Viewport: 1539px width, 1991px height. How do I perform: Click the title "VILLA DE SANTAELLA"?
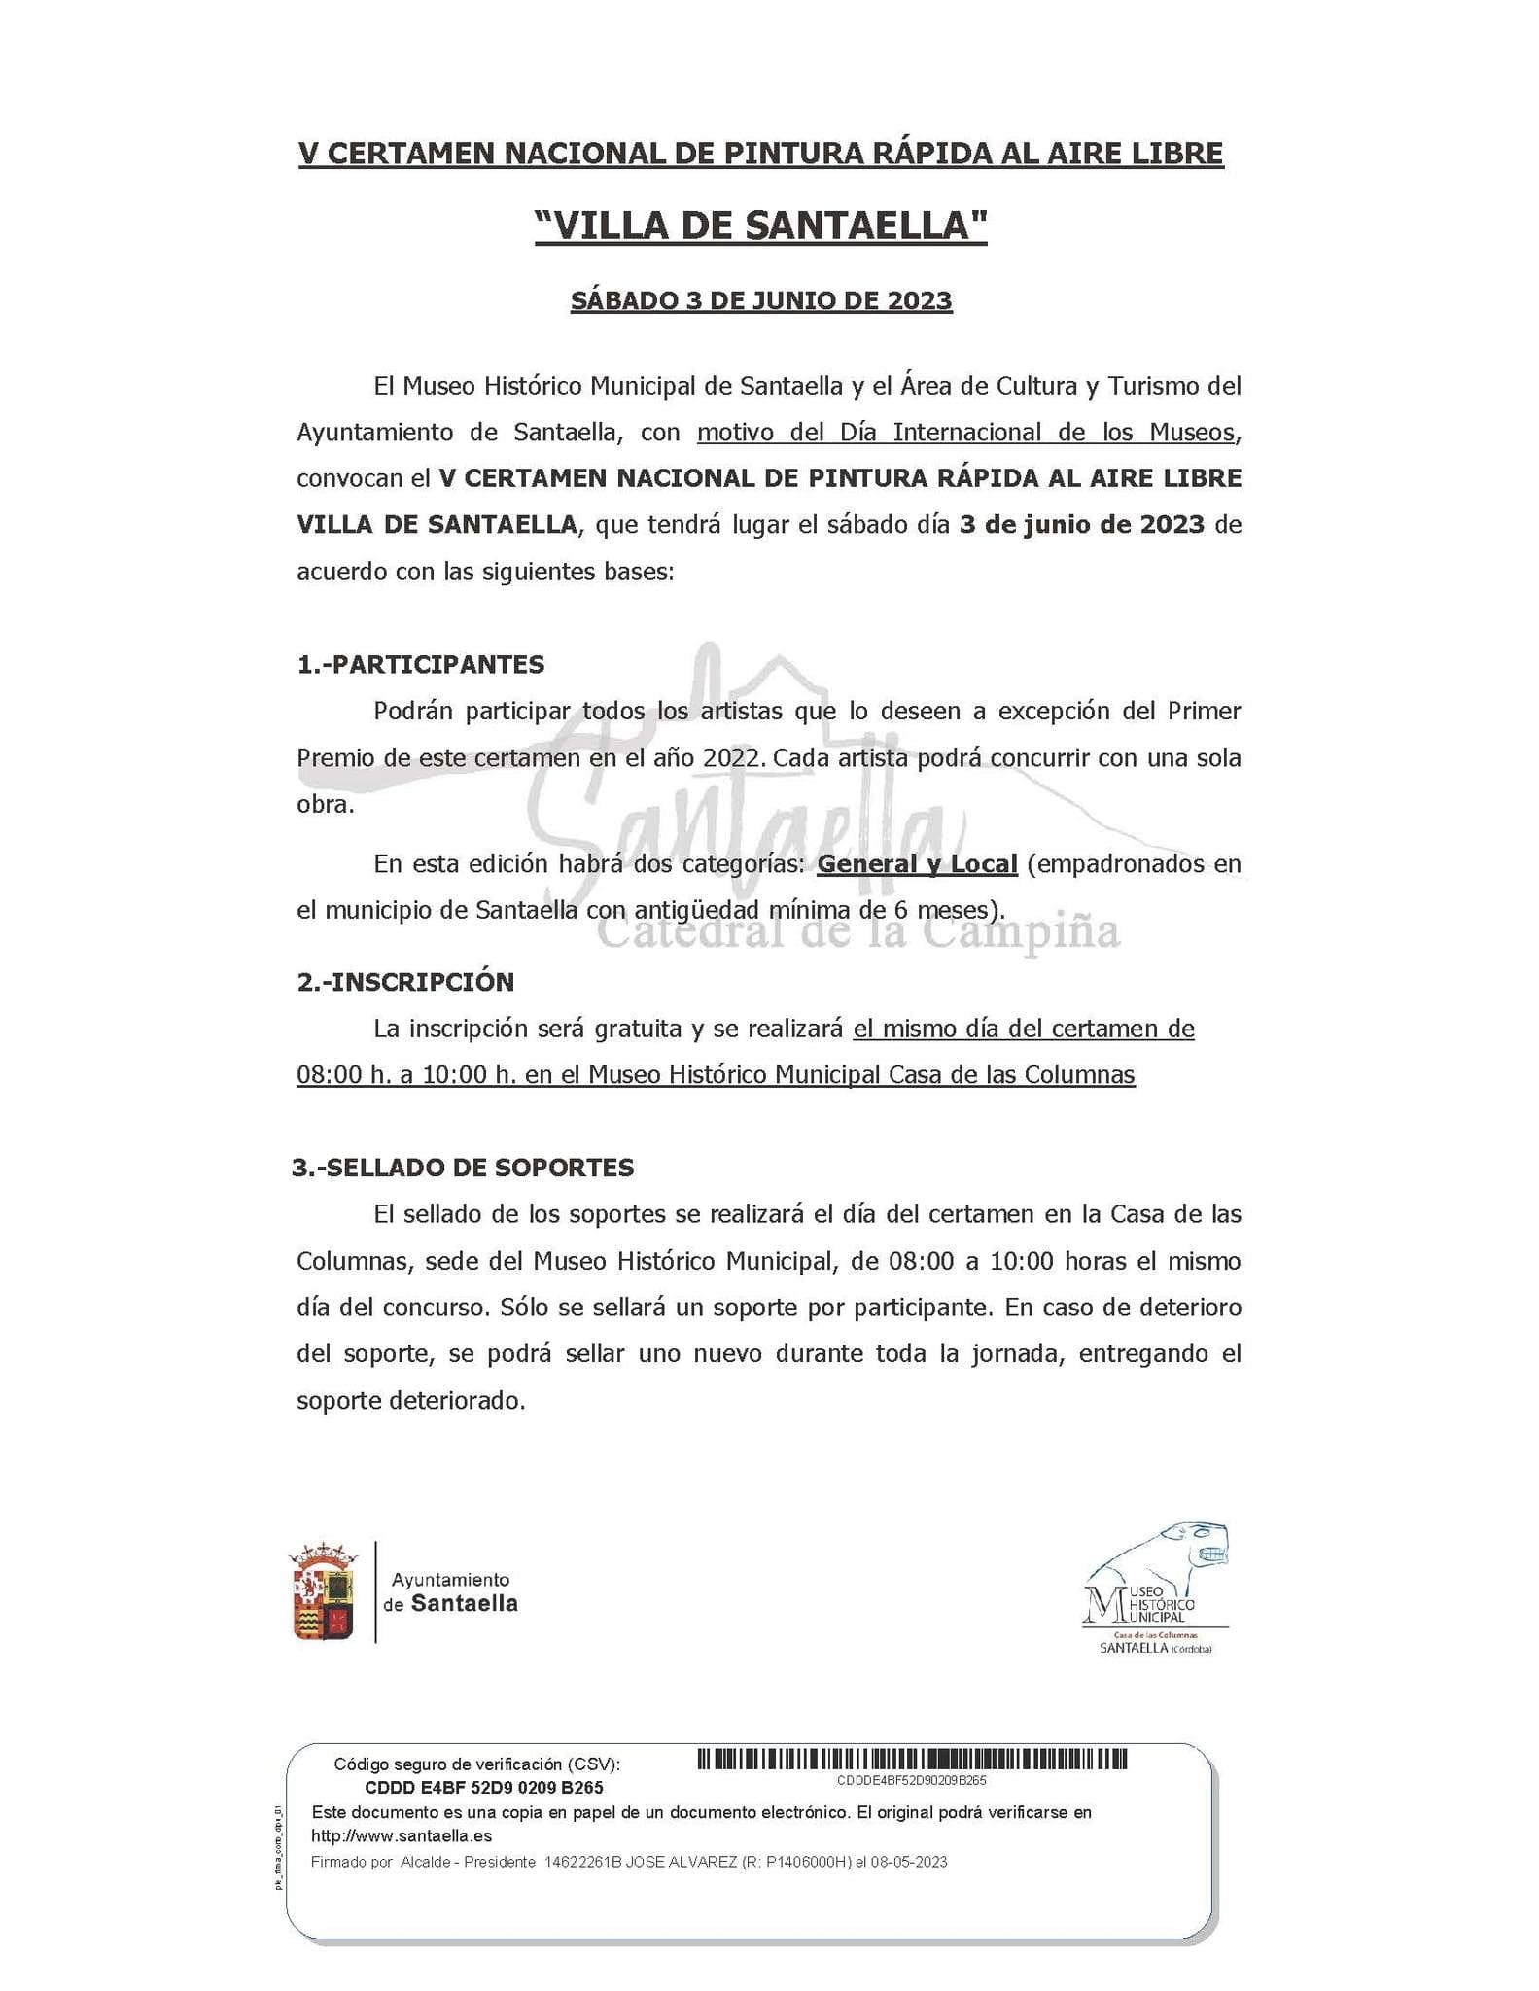[761, 226]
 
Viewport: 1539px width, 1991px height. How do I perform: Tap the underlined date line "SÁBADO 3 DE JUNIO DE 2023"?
[761, 300]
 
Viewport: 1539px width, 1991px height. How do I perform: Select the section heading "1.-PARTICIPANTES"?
[421, 665]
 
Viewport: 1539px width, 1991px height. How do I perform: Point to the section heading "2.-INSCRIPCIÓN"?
[405, 982]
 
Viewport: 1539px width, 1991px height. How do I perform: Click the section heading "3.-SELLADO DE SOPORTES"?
[463, 1168]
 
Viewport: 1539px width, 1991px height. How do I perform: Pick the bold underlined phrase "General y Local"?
[917, 863]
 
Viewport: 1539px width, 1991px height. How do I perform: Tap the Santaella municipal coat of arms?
[324, 1591]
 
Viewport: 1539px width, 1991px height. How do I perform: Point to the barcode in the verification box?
[912, 1759]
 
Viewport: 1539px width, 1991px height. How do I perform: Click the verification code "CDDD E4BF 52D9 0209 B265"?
[483, 1788]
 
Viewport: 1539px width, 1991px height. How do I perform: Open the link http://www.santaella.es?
[402, 1836]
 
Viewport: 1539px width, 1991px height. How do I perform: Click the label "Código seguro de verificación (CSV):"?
[476, 1764]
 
